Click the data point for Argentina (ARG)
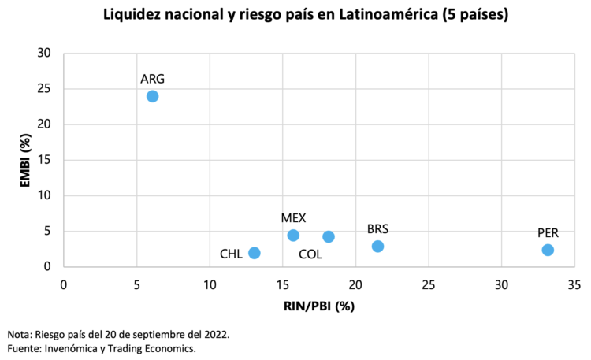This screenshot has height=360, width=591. tap(152, 96)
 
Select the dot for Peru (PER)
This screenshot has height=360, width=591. tap(548, 250)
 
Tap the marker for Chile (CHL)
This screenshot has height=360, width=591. tap(254, 253)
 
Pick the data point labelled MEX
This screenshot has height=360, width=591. tap(293, 236)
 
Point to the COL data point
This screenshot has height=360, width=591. tap(329, 236)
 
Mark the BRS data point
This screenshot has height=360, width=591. tap(377, 247)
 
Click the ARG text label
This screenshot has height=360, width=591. tap(152, 79)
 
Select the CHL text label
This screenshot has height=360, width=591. tap(231, 254)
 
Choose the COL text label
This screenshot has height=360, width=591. tap(310, 254)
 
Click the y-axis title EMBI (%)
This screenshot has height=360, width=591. tap(25, 160)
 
